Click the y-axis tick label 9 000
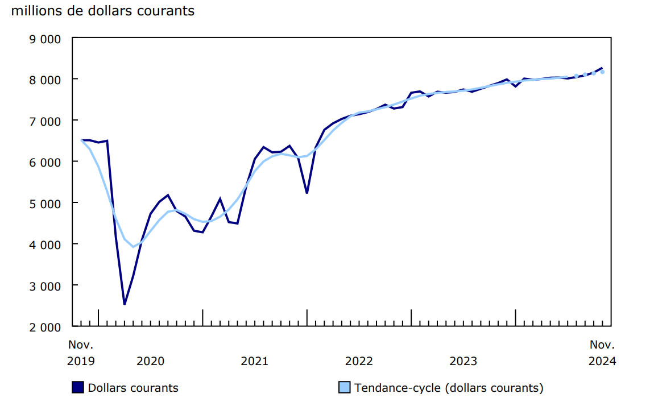pyautogui.click(x=45, y=39)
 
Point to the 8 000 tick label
pyautogui.click(x=45, y=80)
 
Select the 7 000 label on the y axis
pyautogui.click(x=45, y=121)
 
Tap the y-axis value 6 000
pyautogui.click(x=45, y=162)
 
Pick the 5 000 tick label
pyautogui.click(x=45, y=203)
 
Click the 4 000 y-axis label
pyautogui.click(x=45, y=244)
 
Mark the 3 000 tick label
pyautogui.click(x=45, y=285)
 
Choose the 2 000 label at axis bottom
pyautogui.click(x=45, y=327)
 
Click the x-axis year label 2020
pyautogui.click(x=151, y=360)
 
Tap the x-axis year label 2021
pyautogui.click(x=255, y=360)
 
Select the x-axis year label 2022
pyautogui.click(x=359, y=360)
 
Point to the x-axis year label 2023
pyautogui.click(x=463, y=360)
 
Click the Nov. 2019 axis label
pyautogui.click(x=81, y=353)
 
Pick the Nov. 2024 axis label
pyautogui.click(x=602, y=353)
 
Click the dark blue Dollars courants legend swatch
pyautogui.click(x=78, y=388)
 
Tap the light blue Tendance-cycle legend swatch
pyautogui.click(x=344, y=388)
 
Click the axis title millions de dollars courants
pyautogui.click(x=102, y=10)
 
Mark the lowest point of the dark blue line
pyautogui.click(x=125, y=304)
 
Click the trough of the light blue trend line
pyautogui.click(x=133, y=247)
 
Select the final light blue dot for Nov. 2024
pyautogui.click(x=602, y=72)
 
